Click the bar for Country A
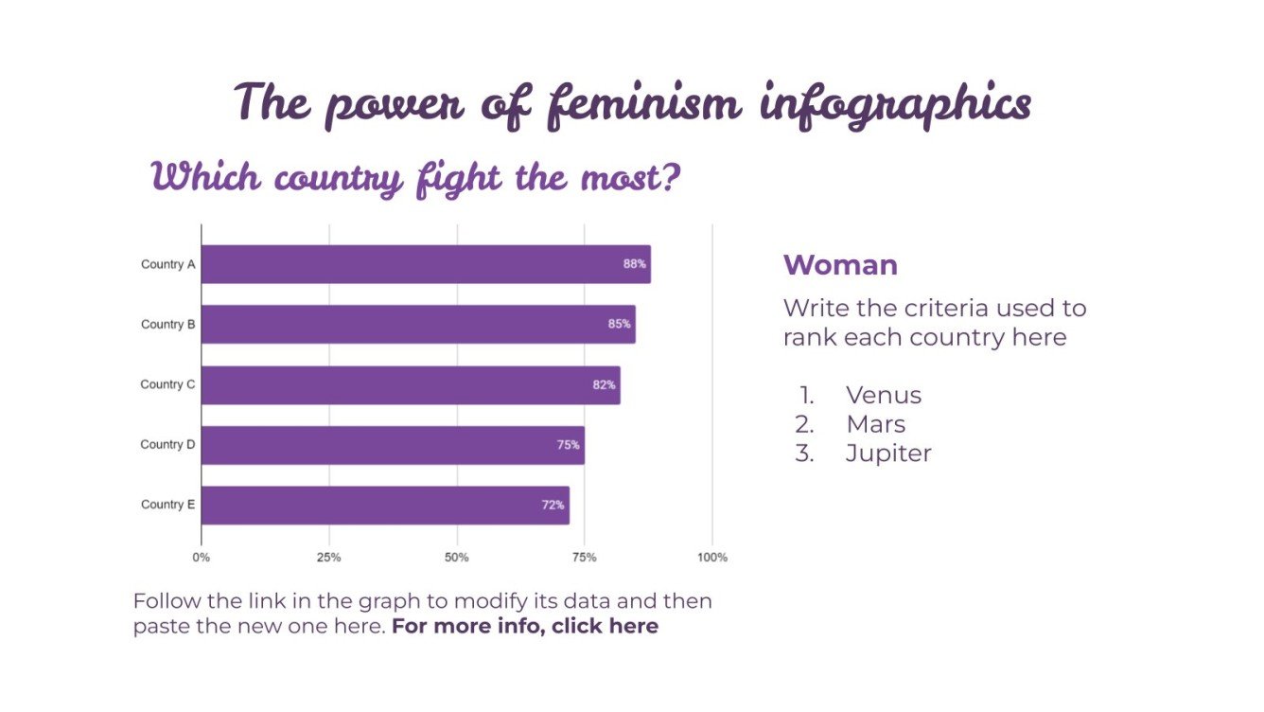pyautogui.click(x=426, y=264)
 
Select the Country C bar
pyautogui.click(x=411, y=384)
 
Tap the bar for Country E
pyautogui.click(x=385, y=505)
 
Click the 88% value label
pyautogui.click(x=634, y=264)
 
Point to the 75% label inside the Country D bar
pyautogui.click(x=568, y=445)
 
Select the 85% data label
pyautogui.click(x=619, y=324)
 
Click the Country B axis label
pyautogui.click(x=167, y=324)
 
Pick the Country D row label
pyautogui.click(x=167, y=445)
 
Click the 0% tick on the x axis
pyautogui.click(x=202, y=558)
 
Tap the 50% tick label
pyautogui.click(x=457, y=558)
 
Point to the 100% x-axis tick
pyautogui.click(x=712, y=558)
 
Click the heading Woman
pyautogui.click(x=840, y=265)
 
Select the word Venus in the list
pyautogui.click(x=883, y=395)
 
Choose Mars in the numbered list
pyautogui.click(x=875, y=424)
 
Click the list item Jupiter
pyautogui.click(x=888, y=454)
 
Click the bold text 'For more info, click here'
pyautogui.click(x=525, y=627)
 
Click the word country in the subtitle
pyautogui.click(x=331, y=178)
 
